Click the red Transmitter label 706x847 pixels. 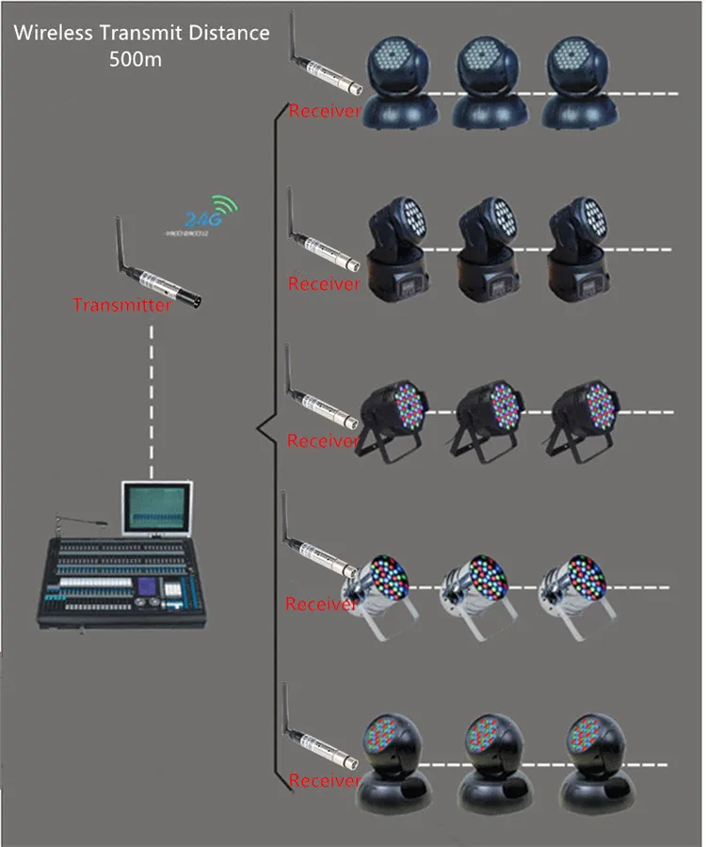122,305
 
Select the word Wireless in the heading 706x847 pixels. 51,32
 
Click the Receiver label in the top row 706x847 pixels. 325,111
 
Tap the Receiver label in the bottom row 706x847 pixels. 325,780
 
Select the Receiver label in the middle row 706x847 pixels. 323,440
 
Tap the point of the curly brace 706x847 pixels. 256,428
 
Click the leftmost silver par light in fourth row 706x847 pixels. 384,589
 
